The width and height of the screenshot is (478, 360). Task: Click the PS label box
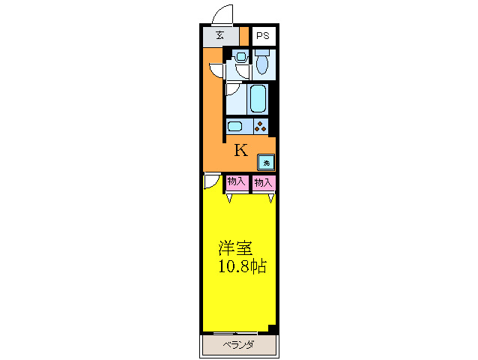click(x=263, y=36)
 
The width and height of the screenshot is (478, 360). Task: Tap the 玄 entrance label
click(x=220, y=36)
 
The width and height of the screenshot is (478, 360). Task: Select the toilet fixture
click(x=261, y=63)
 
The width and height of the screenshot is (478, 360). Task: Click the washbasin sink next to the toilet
click(x=240, y=55)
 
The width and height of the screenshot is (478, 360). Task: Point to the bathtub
click(x=258, y=98)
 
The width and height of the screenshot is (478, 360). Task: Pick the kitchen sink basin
click(x=235, y=126)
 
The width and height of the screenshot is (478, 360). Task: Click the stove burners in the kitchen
click(x=260, y=126)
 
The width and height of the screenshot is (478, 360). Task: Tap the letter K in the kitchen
click(x=240, y=150)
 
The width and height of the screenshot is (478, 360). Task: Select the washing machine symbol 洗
click(x=266, y=161)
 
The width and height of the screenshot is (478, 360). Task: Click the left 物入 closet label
click(x=236, y=181)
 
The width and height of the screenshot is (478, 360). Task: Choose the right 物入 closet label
click(x=263, y=181)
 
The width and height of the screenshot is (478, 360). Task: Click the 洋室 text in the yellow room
click(x=235, y=248)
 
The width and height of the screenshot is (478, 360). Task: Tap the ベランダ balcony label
click(x=239, y=345)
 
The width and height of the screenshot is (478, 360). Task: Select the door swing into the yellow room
click(x=212, y=182)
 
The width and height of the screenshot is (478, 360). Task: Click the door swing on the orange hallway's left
click(x=216, y=70)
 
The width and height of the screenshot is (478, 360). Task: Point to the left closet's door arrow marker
click(x=230, y=199)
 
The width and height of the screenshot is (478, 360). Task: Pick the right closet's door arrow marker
click(x=271, y=199)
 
